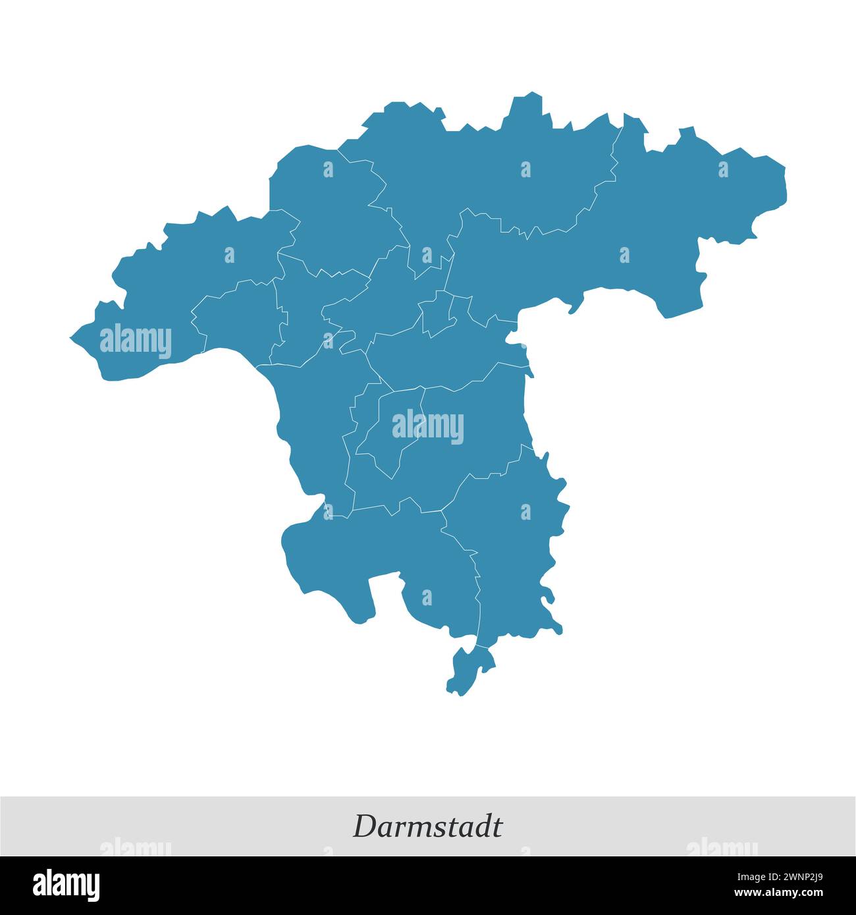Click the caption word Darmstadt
tap(427, 826)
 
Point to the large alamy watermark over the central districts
tap(428, 426)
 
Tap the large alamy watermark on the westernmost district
tap(136, 341)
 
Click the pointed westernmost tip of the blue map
tap(72, 338)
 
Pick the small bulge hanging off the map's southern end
tap(468, 669)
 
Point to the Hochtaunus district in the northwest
tap(329, 204)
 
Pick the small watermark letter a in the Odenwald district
tap(525, 512)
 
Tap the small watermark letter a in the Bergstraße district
tap(427, 597)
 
